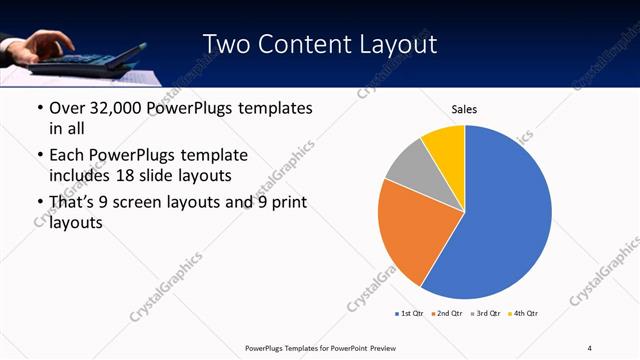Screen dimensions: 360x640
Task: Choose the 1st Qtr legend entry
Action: pos(409,314)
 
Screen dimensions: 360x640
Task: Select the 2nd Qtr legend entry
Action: pos(446,314)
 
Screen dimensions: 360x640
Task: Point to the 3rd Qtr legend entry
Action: pos(484,314)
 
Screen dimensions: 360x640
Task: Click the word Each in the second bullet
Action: pos(68,156)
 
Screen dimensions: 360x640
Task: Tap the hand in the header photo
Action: pos(45,42)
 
